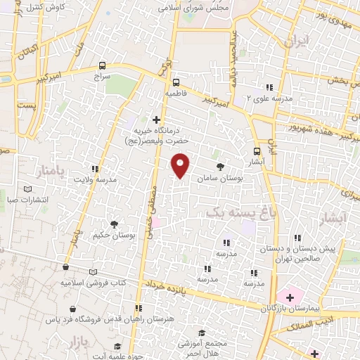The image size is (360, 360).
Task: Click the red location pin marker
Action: pyautogui.click(x=181, y=166)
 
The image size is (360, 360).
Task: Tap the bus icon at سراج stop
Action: pyautogui.click(x=103, y=65)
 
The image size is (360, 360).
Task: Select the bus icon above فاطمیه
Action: pyautogui.click(x=175, y=81)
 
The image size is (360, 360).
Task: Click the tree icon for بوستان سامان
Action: pyautogui.click(x=221, y=167)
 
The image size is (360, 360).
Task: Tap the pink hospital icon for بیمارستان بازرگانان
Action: pyautogui.click(x=289, y=297)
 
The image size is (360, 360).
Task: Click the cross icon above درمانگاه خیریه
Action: pyautogui.click(x=156, y=120)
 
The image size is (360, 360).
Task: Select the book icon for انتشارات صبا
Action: pyautogui.click(x=28, y=189)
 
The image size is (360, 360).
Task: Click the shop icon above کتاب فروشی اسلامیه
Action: pyautogui.click(x=65, y=268)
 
